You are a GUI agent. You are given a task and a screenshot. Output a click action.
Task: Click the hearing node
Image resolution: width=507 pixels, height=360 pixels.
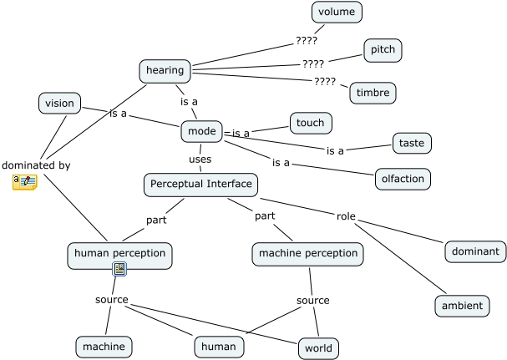coord(165,71)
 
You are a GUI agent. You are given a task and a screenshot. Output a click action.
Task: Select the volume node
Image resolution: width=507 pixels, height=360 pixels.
coord(337,13)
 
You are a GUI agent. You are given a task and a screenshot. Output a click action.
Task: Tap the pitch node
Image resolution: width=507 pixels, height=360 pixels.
coord(383,50)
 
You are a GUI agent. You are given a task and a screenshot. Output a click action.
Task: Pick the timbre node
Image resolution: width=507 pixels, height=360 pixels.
coord(373,93)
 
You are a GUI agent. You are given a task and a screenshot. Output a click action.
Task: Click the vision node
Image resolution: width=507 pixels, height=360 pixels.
coord(59,104)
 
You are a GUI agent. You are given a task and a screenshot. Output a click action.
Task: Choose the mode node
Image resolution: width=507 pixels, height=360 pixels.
coord(202,131)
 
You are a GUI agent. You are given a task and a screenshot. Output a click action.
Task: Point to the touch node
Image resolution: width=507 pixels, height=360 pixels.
coord(311,123)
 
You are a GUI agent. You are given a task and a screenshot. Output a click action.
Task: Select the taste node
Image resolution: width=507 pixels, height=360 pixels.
coord(412,143)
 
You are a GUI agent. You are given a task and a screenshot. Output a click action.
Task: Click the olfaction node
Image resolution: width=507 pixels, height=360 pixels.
coord(403,179)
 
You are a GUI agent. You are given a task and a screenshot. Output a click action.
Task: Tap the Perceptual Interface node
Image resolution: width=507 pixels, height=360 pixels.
coord(200,185)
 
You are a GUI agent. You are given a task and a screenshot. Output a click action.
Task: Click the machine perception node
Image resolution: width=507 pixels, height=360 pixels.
coord(308,254)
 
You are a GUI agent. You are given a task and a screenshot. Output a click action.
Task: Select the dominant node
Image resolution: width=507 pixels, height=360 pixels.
coord(475,251)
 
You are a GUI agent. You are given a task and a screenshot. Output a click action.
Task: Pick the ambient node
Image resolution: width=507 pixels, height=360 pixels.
coord(462,306)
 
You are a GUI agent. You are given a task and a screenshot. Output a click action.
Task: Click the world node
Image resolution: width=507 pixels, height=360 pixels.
coord(318,348)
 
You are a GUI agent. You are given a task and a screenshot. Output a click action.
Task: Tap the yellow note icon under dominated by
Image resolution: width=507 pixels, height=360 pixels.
coord(25,182)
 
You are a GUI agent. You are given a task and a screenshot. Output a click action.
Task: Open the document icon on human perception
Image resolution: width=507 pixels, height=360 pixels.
coord(119,269)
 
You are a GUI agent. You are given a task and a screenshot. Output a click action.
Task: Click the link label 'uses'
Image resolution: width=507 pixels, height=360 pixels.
coord(200,160)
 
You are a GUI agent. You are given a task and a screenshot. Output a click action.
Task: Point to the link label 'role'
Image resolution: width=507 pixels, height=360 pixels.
coord(346,216)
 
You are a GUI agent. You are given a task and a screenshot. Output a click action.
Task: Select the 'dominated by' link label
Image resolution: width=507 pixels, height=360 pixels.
coord(36,165)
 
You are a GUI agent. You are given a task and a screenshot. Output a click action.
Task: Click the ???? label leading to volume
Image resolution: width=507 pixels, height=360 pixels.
coord(307,41)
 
